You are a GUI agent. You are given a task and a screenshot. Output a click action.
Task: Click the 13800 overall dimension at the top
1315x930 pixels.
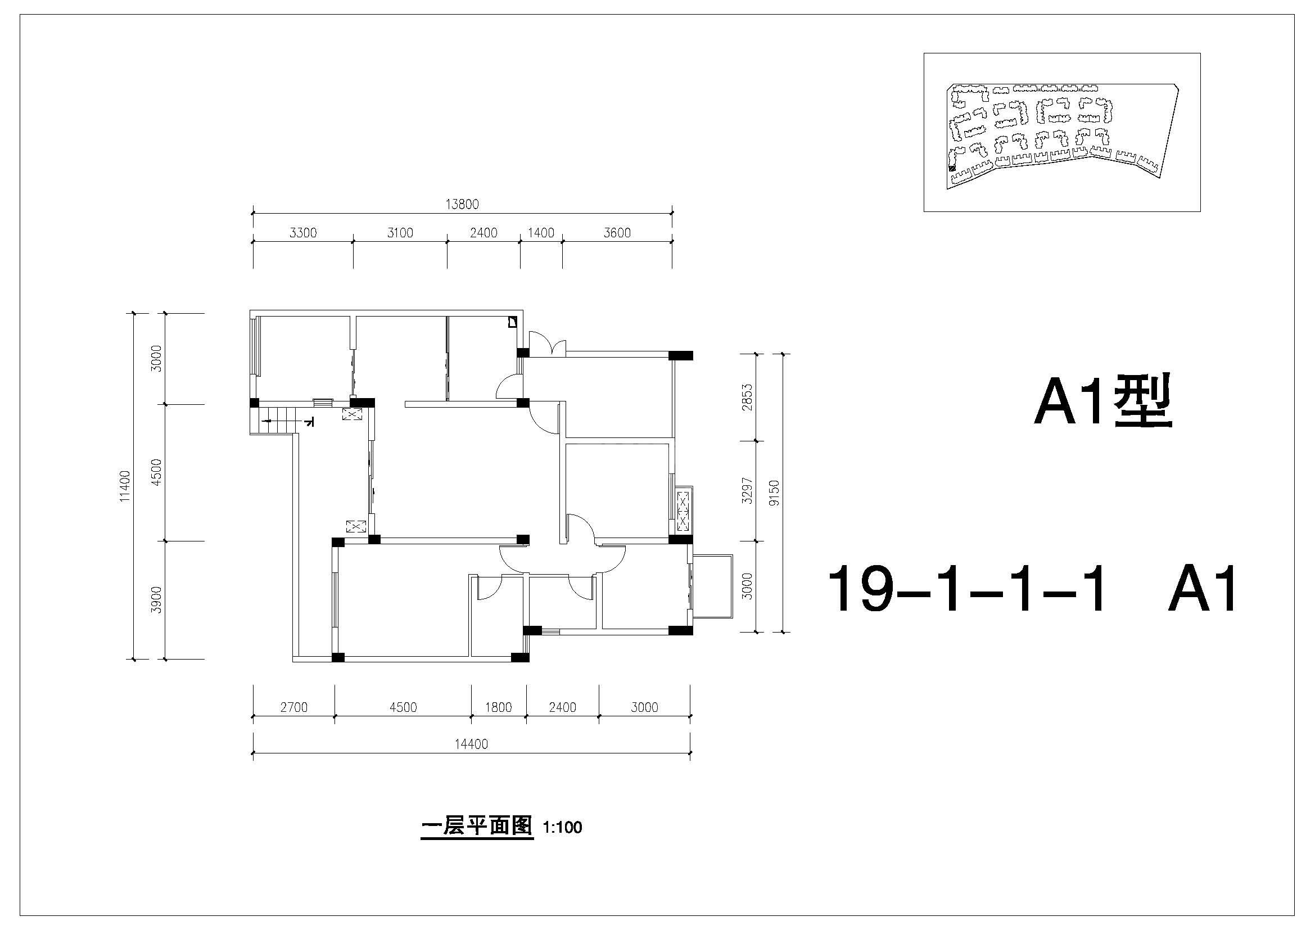click(462, 204)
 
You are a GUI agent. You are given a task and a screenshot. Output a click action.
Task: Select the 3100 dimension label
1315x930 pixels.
click(400, 233)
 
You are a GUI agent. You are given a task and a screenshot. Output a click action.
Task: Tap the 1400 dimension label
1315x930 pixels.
click(541, 233)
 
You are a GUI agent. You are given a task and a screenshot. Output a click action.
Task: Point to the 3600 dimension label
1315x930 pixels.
click(617, 233)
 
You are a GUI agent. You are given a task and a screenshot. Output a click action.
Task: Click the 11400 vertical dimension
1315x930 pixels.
click(125, 486)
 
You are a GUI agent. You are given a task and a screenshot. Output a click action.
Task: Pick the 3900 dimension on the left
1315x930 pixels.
click(156, 599)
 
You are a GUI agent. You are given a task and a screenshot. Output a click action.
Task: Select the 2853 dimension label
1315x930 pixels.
click(746, 398)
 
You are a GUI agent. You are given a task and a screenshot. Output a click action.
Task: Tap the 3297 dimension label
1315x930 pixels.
click(746, 491)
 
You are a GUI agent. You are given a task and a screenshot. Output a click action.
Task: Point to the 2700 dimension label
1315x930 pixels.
click(294, 707)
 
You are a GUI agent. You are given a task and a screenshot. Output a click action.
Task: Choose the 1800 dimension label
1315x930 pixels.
click(498, 707)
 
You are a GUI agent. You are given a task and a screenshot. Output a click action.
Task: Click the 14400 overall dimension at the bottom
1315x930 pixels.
click(471, 744)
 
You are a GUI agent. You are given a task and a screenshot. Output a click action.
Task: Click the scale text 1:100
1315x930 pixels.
click(562, 828)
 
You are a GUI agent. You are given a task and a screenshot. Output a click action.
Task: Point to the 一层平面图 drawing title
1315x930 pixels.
click(477, 827)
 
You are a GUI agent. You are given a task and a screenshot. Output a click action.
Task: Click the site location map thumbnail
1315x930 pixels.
click(1062, 132)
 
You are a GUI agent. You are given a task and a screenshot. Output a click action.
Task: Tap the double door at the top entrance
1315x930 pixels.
click(546, 344)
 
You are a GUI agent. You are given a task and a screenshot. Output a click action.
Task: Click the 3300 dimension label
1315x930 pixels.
click(303, 233)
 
